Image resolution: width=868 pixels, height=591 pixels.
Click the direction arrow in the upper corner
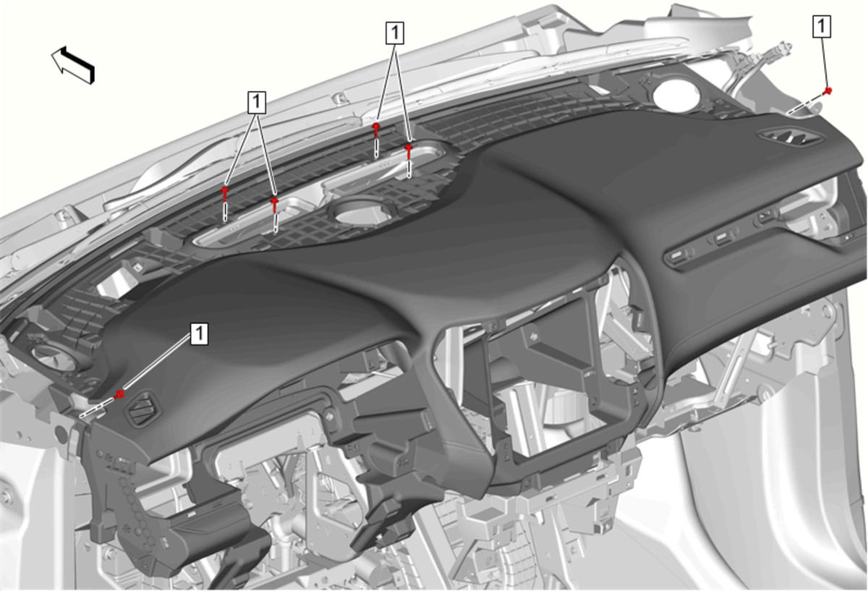tap(73, 65)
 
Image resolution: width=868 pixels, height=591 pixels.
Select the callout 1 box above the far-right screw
tap(822, 26)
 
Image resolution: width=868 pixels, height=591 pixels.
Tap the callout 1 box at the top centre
tap(394, 33)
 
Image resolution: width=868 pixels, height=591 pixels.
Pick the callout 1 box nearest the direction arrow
tap(257, 102)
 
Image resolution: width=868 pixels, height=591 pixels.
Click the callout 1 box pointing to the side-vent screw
tap(199, 333)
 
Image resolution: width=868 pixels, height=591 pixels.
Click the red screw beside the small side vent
tap(119, 394)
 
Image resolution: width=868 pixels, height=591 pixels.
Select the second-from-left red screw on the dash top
tap(274, 204)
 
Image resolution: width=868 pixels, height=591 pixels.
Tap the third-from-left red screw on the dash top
tap(376, 129)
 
